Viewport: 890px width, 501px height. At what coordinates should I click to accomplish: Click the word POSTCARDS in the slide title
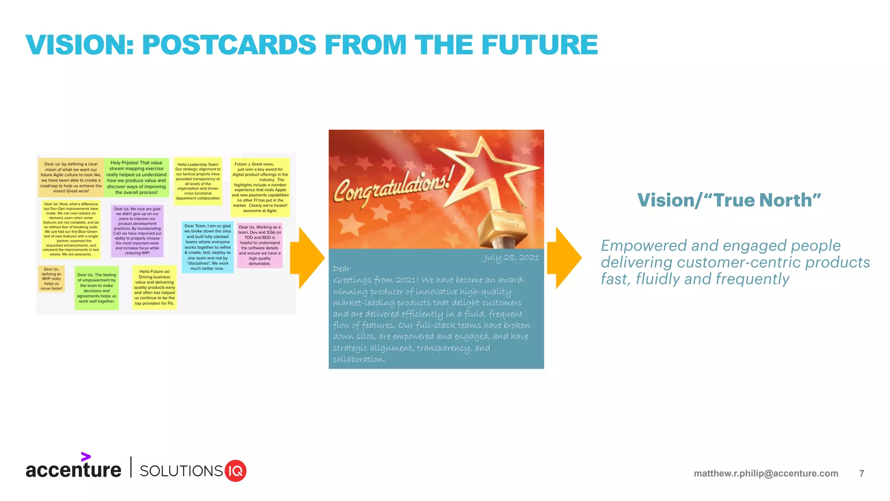[229, 45]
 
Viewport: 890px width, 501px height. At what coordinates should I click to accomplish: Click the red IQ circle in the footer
[236, 471]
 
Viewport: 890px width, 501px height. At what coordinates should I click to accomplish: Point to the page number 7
[861, 473]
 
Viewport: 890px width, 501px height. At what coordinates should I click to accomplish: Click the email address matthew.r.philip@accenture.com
[766, 473]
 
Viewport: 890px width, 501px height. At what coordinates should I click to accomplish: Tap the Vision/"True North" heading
[729, 200]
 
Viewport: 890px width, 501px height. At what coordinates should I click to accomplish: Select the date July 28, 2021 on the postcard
[510, 257]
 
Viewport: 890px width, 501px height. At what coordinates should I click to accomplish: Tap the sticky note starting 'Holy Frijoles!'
[136, 177]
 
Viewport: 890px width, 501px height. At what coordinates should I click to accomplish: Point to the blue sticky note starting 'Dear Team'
[208, 247]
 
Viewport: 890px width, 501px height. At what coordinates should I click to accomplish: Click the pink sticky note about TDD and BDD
[260, 245]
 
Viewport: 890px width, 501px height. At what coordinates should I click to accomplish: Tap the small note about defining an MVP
[51, 279]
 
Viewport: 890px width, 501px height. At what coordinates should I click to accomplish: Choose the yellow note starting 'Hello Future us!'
[154, 287]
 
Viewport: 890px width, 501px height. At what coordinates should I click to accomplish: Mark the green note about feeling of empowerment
[96, 288]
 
